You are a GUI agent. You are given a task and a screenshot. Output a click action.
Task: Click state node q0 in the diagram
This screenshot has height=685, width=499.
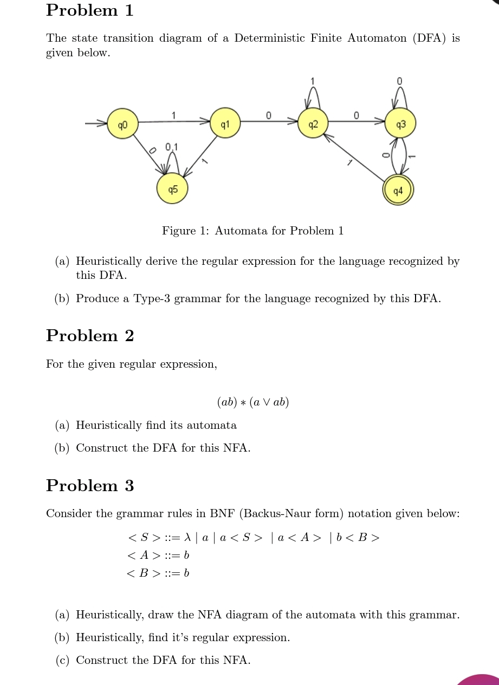[122, 123]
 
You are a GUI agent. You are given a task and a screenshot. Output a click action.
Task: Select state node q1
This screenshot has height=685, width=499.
[225, 123]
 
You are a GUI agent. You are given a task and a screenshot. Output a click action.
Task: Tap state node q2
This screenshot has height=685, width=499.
[313, 123]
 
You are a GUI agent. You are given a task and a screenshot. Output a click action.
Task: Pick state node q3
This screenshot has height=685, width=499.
[400, 123]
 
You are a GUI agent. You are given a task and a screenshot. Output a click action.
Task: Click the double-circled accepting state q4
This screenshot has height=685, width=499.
[398, 190]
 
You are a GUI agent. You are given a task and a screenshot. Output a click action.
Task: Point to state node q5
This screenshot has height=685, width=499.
[172, 189]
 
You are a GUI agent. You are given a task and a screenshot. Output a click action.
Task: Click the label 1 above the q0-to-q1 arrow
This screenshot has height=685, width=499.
[173, 115]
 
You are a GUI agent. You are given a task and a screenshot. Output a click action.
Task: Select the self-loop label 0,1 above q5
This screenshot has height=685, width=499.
[171, 147]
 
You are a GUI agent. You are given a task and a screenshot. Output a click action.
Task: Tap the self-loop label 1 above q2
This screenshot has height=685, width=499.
[312, 81]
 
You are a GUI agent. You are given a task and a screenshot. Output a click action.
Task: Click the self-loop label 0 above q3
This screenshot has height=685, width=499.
[399, 81]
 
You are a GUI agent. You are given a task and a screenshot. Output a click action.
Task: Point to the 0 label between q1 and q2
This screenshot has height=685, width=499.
[268, 115]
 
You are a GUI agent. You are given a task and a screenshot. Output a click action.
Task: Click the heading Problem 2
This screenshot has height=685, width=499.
[90, 336]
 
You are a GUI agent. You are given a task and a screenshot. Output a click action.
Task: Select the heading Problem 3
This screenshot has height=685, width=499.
[90, 486]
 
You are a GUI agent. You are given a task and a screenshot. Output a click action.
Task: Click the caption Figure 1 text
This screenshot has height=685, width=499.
[252, 231]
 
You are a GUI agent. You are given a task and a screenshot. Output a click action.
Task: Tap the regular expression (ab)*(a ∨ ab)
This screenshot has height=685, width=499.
[252, 402]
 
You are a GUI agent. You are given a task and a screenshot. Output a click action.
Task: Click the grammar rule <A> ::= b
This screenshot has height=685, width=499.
[158, 555]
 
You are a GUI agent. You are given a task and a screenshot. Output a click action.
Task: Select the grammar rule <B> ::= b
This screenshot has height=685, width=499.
[158, 573]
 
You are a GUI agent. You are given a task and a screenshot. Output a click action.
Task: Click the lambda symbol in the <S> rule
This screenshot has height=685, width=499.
[187, 537]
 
